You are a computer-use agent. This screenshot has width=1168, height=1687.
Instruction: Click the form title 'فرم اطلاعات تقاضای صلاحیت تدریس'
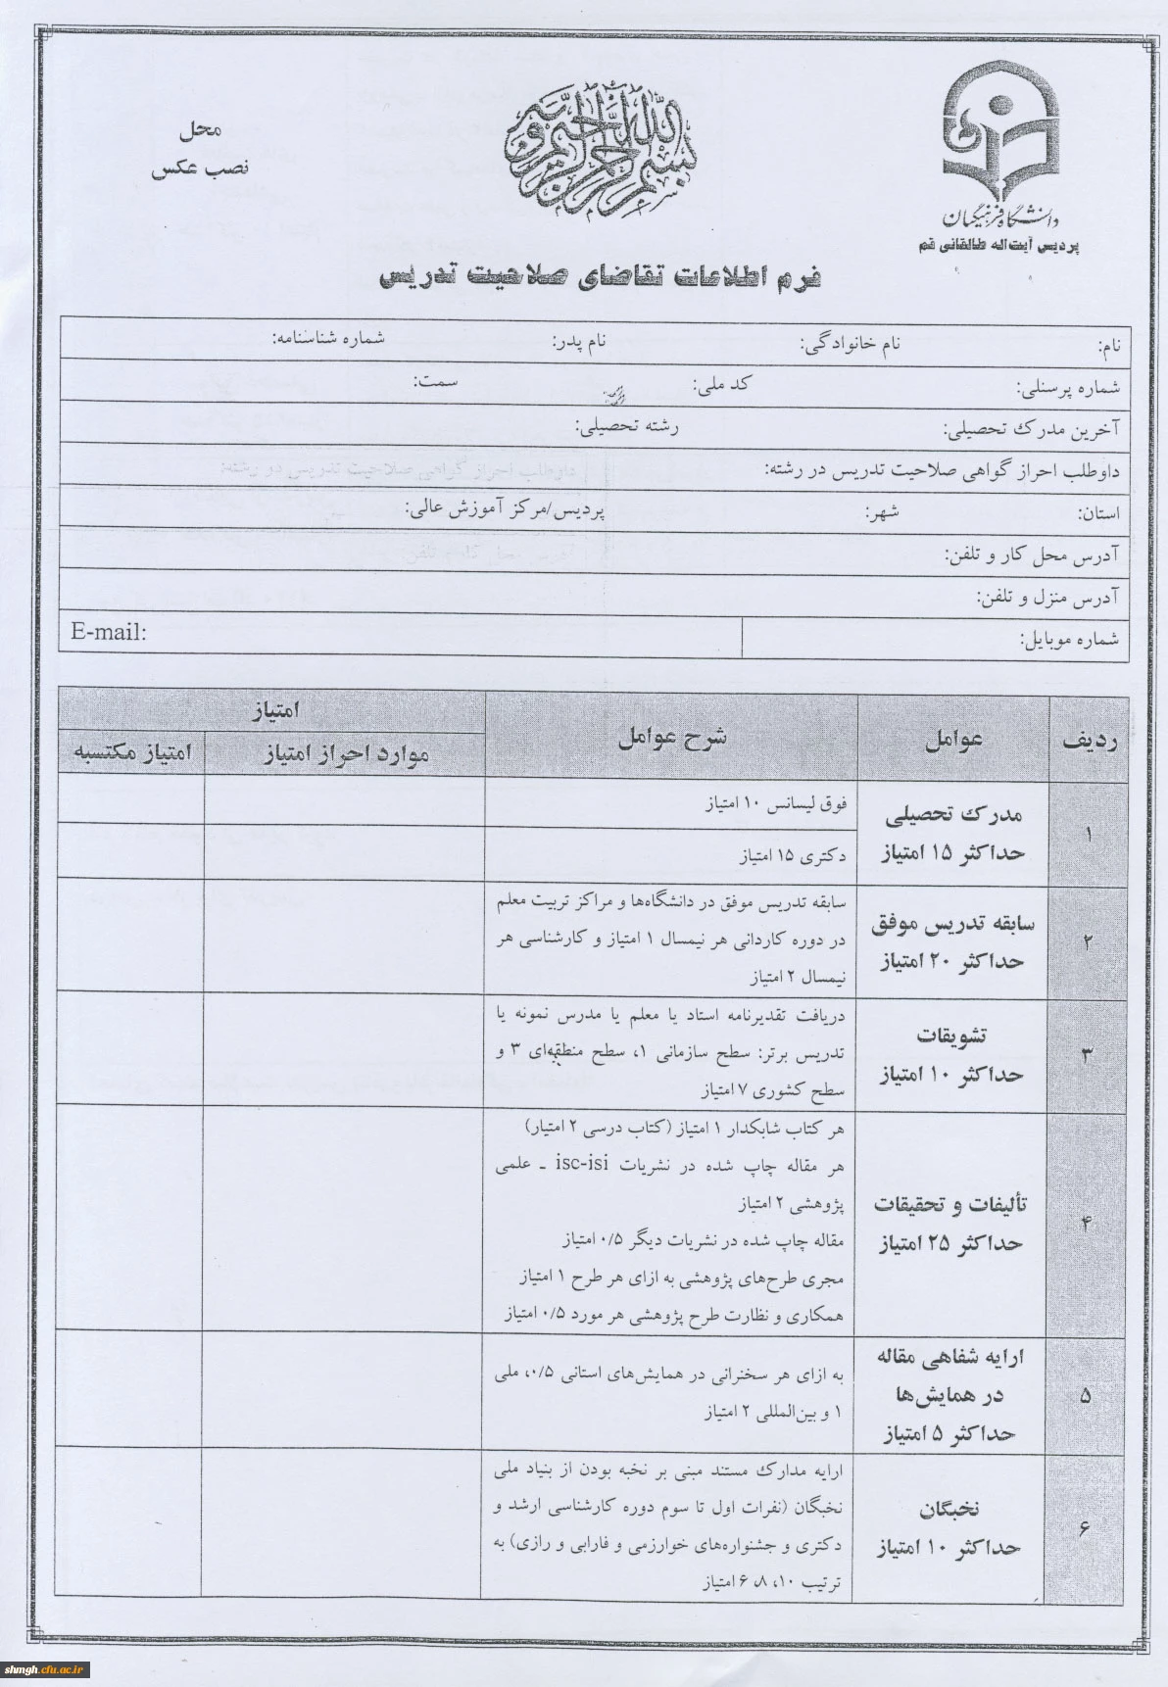tap(600, 277)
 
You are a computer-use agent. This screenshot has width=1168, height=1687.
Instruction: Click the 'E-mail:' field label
tap(109, 632)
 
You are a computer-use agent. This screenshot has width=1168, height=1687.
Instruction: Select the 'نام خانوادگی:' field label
tap(850, 344)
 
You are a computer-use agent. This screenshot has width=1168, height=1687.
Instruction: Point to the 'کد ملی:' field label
tap(721, 385)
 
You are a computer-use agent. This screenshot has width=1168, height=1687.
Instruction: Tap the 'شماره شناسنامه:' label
tap(328, 339)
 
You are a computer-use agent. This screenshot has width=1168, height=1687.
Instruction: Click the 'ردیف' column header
tap(1090, 742)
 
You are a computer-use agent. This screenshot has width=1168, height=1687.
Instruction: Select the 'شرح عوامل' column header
tap(672, 738)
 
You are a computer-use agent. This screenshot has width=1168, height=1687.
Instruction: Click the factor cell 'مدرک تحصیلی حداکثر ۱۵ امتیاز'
tap(954, 834)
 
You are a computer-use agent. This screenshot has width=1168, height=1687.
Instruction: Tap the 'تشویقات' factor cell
tap(954, 1055)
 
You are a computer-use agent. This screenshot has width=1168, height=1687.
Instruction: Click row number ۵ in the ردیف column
tap(1085, 1396)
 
